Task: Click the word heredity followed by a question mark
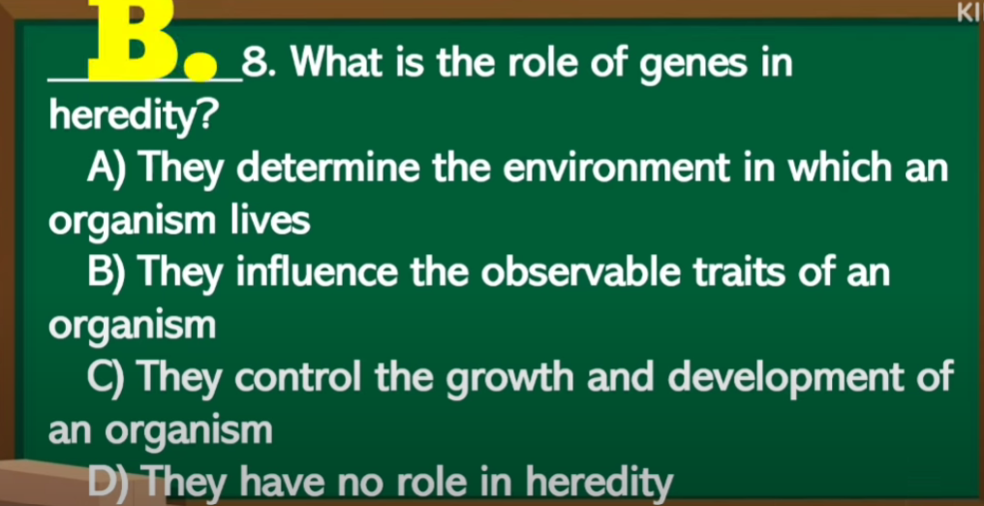tap(135, 116)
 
